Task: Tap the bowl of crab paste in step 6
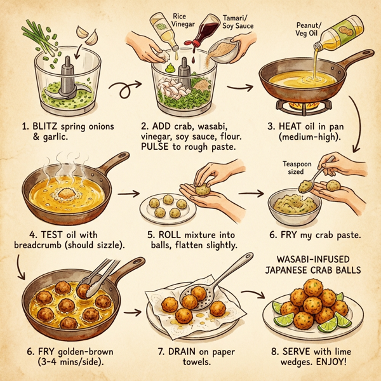(x=297, y=206)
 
